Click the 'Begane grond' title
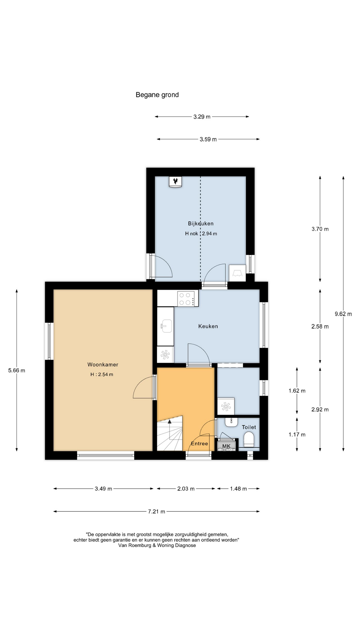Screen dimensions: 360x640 (157, 95)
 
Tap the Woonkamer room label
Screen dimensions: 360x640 (103, 365)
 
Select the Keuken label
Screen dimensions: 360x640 (208, 326)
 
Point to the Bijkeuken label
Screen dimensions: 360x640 (201, 224)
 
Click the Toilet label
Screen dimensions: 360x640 (249, 427)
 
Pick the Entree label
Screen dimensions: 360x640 (199, 444)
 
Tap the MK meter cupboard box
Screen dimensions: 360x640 (226, 446)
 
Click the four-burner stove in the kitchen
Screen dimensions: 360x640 (188, 298)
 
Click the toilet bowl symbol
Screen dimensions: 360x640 (249, 439)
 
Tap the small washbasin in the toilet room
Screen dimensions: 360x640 (231, 422)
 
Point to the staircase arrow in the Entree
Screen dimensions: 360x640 (170, 430)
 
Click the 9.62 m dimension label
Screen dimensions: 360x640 (343, 314)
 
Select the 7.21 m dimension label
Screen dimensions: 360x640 (157, 512)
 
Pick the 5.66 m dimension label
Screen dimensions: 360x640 (17, 370)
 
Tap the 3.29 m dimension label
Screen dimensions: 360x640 (202, 117)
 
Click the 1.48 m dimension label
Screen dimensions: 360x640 (238, 489)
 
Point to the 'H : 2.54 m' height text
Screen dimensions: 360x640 (102, 374)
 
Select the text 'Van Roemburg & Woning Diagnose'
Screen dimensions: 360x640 (157, 545)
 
